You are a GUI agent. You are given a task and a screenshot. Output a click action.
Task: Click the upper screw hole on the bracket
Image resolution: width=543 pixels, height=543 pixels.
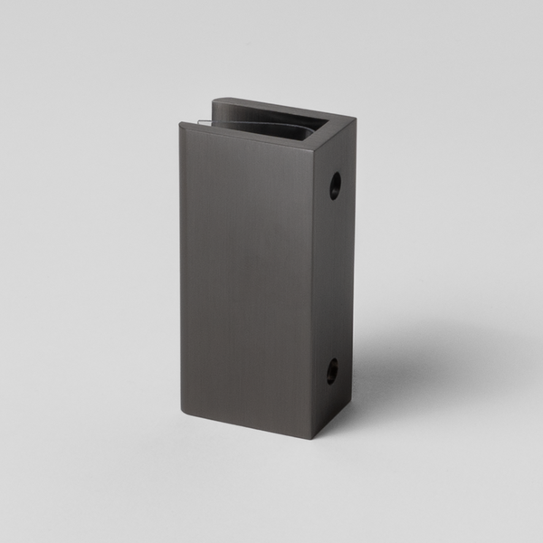pos(335,186)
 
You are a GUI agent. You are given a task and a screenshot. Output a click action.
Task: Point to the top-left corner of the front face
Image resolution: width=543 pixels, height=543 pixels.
pos(180,121)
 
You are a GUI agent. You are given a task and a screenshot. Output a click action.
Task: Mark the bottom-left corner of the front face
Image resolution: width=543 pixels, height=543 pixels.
pos(183,414)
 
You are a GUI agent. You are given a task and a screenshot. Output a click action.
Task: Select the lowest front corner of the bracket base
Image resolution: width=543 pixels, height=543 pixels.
pos(313,438)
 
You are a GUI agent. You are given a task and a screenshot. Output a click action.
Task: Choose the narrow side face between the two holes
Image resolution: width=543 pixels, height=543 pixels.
pos(334,276)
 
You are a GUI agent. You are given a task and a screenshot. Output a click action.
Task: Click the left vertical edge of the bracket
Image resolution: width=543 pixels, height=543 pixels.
pos(181,271)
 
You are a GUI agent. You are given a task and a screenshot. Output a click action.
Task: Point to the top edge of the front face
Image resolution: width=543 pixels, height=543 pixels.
pos(246,135)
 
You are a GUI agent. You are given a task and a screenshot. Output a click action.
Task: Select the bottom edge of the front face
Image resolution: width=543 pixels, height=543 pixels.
pos(246,426)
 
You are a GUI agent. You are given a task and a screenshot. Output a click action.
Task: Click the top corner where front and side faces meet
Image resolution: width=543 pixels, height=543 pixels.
pos(312,148)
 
